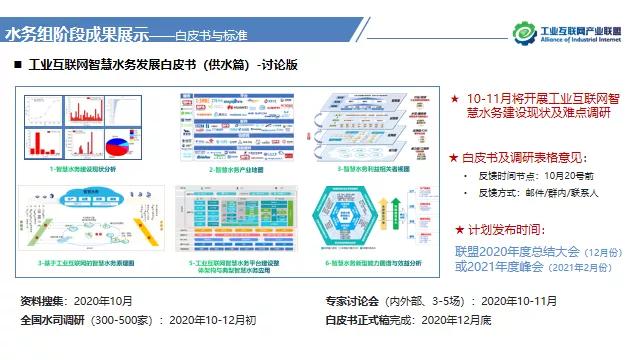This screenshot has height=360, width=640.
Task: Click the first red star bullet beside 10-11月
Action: (x=455, y=100)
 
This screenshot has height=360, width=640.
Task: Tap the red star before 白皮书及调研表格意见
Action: (x=455, y=158)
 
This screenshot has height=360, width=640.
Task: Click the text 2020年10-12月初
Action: (x=208, y=320)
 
